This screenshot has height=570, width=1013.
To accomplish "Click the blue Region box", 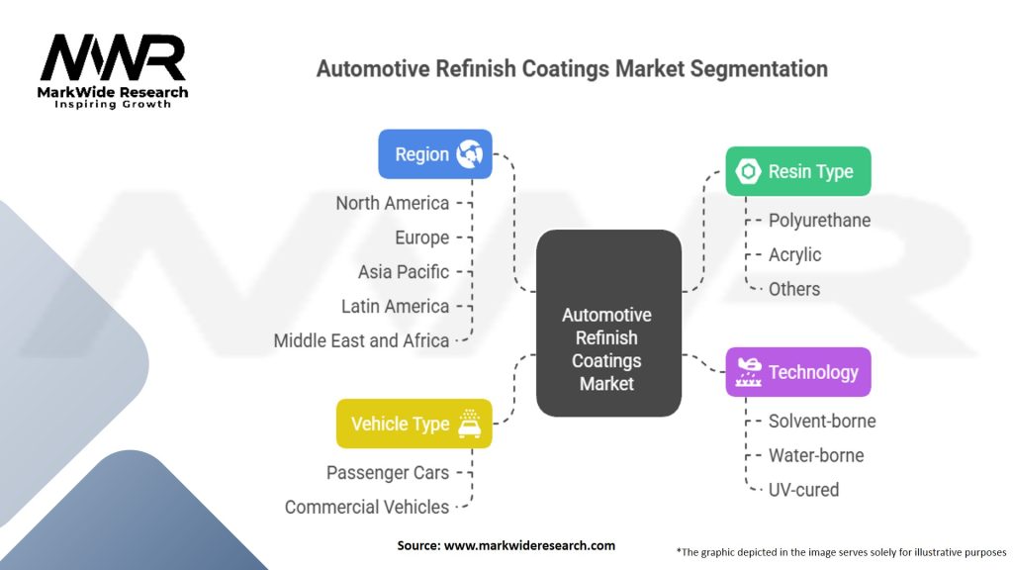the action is click(x=435, y=153).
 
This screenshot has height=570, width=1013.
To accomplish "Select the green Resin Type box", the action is click(x=798, y=171).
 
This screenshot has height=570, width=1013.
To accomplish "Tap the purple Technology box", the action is click(x=798, y=372).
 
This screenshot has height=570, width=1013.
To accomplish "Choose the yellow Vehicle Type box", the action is click(x=414, y=424).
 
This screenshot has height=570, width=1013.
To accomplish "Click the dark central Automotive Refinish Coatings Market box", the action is click(x=608, y=324).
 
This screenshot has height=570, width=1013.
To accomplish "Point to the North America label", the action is click(x=392, y=203).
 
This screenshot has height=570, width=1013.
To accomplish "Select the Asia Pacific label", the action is click(x=404, y=272).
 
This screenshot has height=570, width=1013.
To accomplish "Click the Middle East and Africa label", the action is click(x=361, y=340).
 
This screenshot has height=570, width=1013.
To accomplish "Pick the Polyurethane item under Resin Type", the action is click(x=819, y=221).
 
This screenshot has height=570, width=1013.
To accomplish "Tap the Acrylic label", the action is click(x=794, y=254).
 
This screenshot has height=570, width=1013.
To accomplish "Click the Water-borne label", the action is click(x=816, y=455).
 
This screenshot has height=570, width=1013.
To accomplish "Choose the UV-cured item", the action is click(x=803, y=490).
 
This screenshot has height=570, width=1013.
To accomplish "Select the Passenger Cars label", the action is click(x=388, y=473).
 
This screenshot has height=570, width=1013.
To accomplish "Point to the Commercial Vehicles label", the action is click(x=367, y=508).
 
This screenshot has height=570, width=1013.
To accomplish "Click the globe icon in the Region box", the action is click(x=470, y=153).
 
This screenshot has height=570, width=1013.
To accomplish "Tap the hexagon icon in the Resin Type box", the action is click(x=748, y=171).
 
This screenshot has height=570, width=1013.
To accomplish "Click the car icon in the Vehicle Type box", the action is click(x=470, y=424).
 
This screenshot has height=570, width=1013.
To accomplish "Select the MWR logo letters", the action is click(x=113, y=57).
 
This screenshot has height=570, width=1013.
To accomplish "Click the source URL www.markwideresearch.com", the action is click(x=530, y=545).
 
